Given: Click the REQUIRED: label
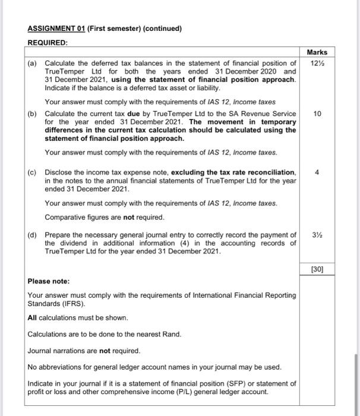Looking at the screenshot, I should click(x=48, y=43).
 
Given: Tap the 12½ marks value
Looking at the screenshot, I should click(x=317, y=64).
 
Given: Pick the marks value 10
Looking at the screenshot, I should click(x=317, y=113).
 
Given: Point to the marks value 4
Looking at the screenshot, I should click(x=317, y=172).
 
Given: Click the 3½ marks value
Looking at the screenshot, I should click(x=317, y=235).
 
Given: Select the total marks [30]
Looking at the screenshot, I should click(x=317, y=269).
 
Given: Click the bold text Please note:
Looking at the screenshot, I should click(x=49, y=281).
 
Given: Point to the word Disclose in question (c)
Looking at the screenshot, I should click(x=59, y=172).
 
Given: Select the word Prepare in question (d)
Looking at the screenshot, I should click(x=59, y=235).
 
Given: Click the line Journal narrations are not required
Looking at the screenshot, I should click(x=84, y=350).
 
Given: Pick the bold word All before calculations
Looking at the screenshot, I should click(x=33, y=317).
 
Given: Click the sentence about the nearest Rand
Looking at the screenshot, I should click(x=104, y=334).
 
